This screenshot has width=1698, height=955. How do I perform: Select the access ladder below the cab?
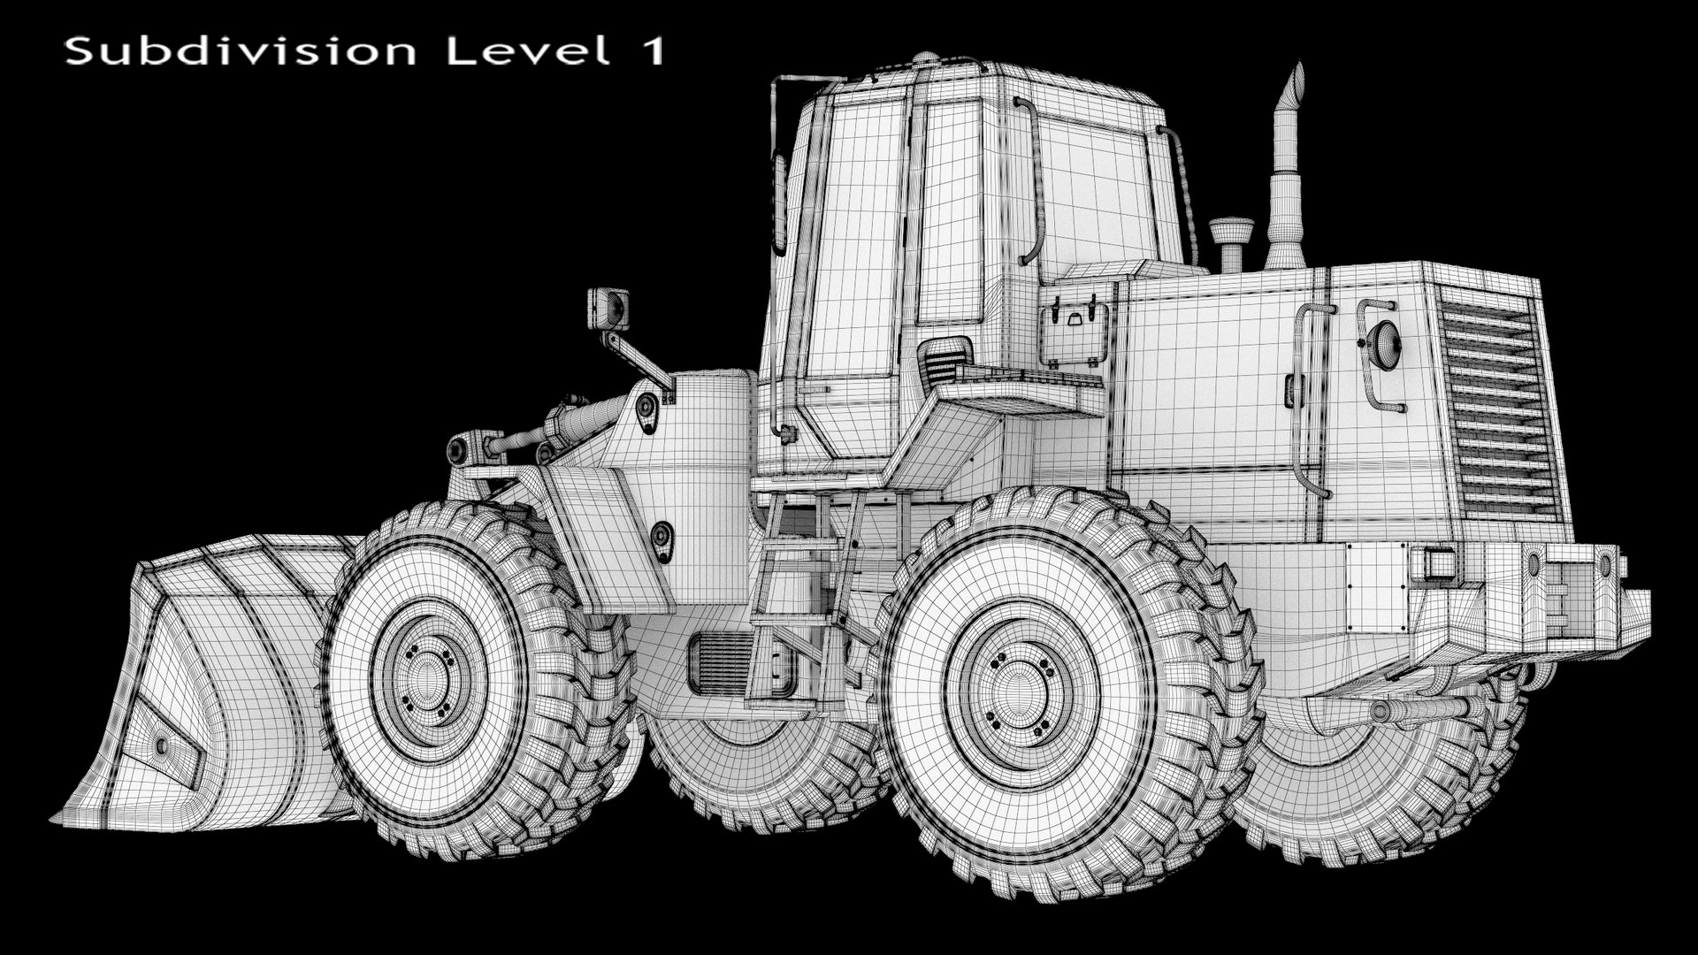point(796,601)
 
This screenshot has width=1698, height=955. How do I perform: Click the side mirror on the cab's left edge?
point(779,203)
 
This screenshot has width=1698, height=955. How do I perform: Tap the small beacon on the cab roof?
point(924,58)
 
